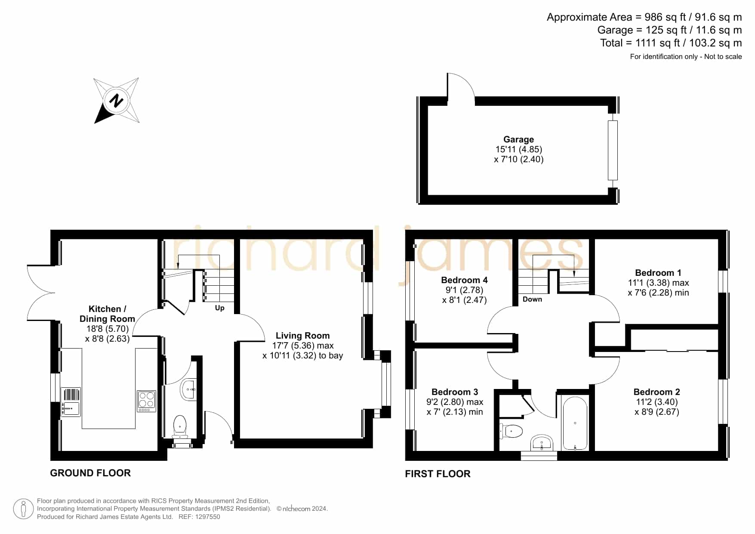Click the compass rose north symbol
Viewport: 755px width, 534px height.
click(116, 101)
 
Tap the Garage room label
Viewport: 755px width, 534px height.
click(518, 139)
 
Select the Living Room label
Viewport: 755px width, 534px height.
click(302, 336)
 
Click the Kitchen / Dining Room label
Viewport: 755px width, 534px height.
click(107, 314)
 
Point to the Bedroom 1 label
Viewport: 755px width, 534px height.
click(658, 273)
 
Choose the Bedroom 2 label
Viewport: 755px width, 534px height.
click(656, 392)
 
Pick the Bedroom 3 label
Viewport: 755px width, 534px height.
click(455, 392)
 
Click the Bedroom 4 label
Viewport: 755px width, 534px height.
click(464, 280)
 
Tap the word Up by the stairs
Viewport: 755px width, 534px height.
click(219, 308)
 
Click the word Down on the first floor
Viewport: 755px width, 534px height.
click(532, 299)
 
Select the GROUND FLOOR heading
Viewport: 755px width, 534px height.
click(90, 473)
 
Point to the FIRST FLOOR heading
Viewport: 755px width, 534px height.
click(438, 474)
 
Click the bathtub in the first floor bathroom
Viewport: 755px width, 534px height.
click(575, 423)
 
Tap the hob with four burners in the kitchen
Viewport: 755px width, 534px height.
click(146, 401)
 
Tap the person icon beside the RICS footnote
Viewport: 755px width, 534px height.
click(23, 509)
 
